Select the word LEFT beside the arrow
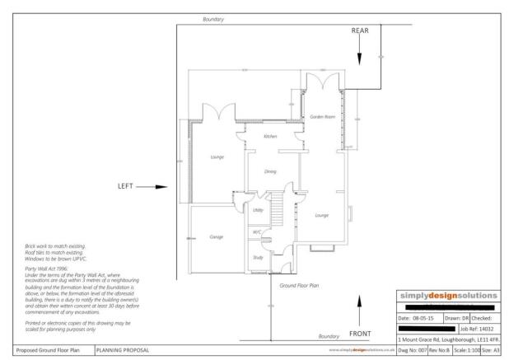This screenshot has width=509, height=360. point(125,186)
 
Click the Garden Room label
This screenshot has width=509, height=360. point(321,118)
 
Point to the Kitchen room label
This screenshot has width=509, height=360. point(269,136)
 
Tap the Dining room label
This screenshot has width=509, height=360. point(269,171)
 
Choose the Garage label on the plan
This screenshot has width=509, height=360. point(217,236)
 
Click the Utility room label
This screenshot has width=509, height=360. point(258,211)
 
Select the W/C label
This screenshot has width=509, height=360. point(256,232)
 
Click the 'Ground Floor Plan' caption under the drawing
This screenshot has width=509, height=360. point(297,284)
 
